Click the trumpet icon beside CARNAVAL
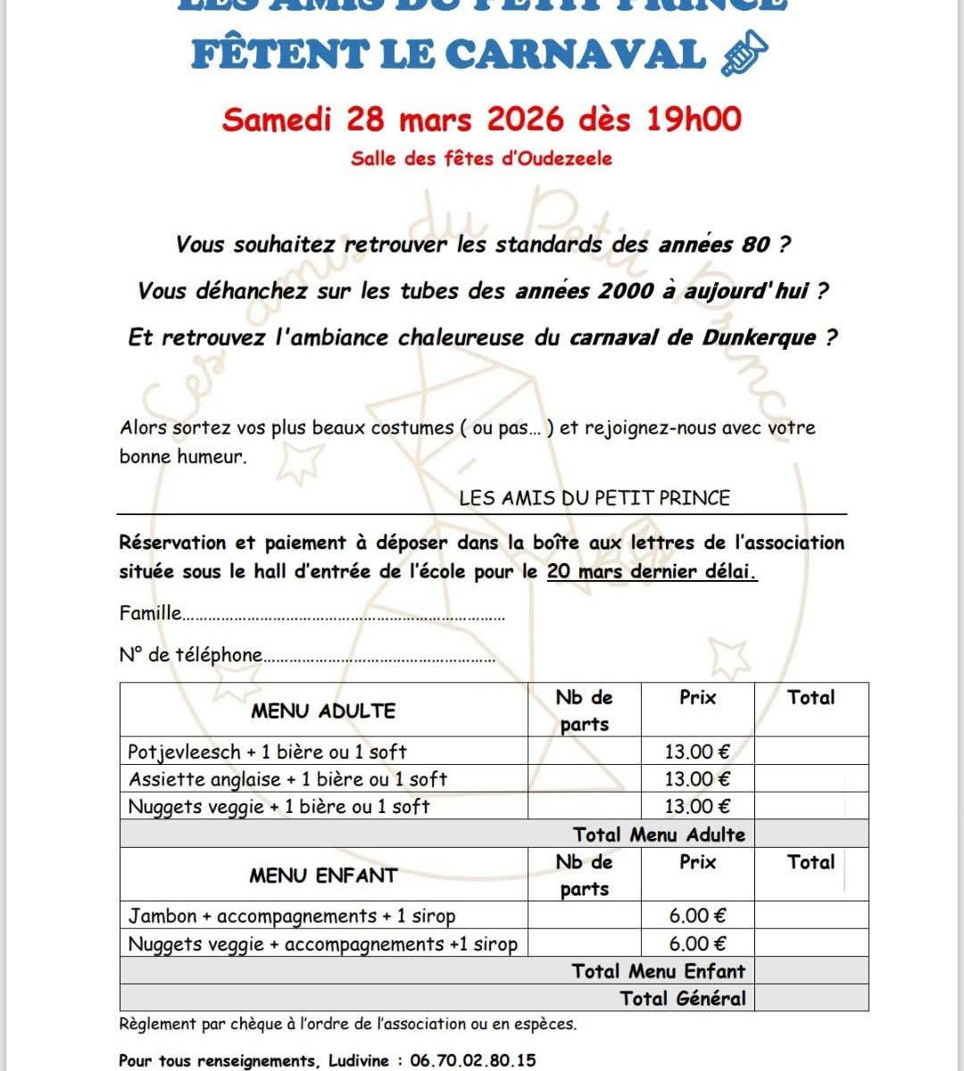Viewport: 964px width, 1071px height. point(743,54)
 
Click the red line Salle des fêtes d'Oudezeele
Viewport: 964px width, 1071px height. point(482,159)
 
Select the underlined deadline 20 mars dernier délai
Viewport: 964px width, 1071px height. point(652,571)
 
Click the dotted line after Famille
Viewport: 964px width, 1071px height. point(344,616)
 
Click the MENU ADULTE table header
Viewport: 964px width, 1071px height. point(323,711)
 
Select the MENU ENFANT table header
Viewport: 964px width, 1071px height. point(323,876)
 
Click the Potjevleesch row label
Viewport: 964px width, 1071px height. point(267,752)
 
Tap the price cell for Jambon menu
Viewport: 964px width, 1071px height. point(697,916)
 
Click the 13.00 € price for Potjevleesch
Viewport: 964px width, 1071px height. point(697,752)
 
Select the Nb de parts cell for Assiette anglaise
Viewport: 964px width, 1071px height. point(584,779)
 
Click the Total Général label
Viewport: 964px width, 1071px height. point(683,998)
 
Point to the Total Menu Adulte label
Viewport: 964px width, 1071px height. point(659,834)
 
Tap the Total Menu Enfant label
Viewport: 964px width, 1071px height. point(658,971)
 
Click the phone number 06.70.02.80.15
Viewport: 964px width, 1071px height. point(473,1061)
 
